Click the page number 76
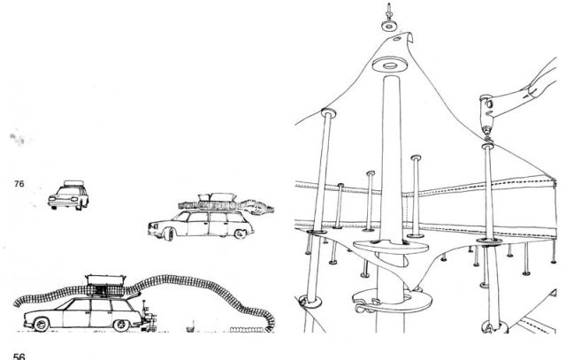(19, 184)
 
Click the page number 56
(19, 356)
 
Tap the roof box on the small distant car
(74, 183)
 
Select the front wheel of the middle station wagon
(168, 234)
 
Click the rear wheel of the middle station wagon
(240, 234)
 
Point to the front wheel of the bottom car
(42, 325)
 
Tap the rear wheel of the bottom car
(121, 326)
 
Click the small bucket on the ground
(190, 328)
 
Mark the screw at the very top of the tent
(389, 11)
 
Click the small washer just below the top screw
(389, 26)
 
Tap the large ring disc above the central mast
(390, 65)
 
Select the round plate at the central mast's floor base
(392, 301)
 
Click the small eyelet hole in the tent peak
(397, 39)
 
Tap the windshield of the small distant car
(69, 190)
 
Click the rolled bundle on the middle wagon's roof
(226, 207)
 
